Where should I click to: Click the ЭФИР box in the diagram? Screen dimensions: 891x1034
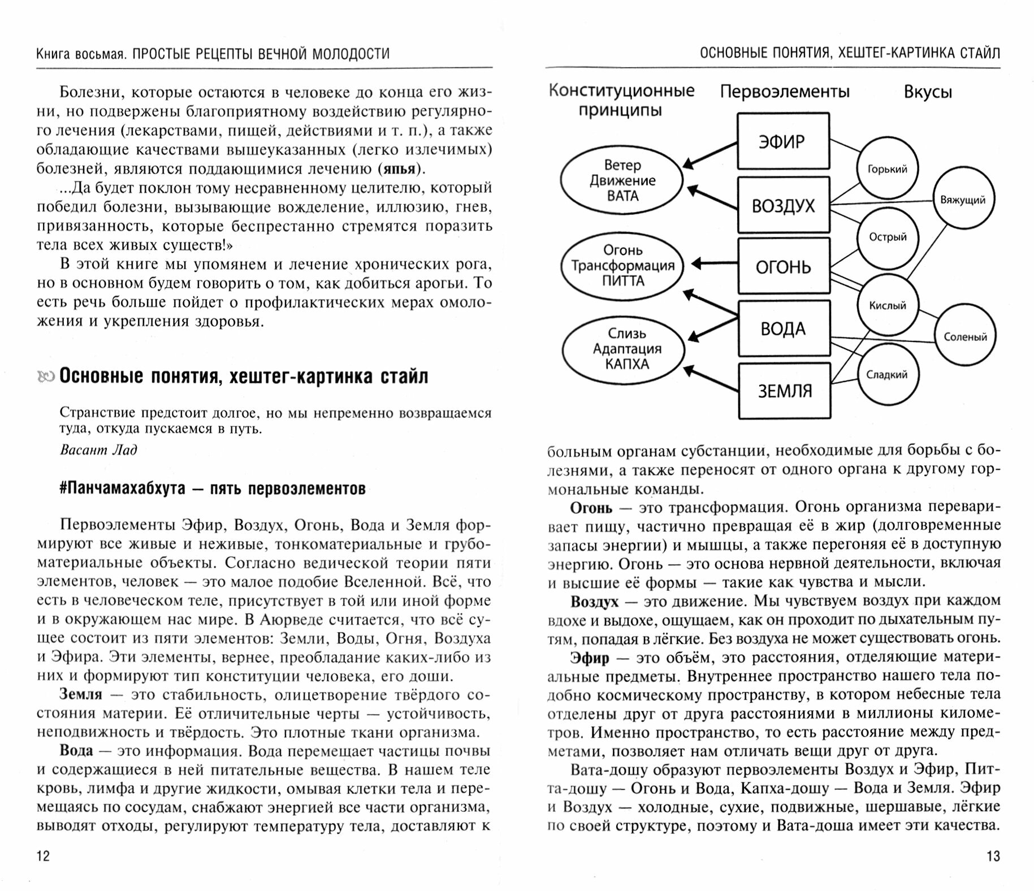(783, 141)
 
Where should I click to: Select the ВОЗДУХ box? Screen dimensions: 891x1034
(783, 205)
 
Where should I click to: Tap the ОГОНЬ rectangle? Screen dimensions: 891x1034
(783, 266)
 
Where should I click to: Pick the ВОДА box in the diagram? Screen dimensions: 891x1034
(784, 328)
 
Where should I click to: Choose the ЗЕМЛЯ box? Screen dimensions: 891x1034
(784, 391)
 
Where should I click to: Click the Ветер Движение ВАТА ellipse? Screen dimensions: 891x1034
(622, 180)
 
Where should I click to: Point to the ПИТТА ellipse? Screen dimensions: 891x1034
(622, 266)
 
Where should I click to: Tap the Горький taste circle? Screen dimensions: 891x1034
(887, 168)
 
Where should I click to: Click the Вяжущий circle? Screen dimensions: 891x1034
(963, 200)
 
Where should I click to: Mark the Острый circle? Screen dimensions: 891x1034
(888, 237)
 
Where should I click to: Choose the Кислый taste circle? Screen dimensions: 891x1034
(888, 306)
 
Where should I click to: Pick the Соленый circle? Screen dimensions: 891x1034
(965, 337)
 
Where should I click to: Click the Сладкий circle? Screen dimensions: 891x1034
(886, 374)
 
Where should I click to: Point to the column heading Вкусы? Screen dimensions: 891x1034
(928, 92)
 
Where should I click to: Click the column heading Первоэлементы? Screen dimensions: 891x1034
(784, 92)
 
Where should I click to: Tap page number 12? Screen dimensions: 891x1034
(43, 855)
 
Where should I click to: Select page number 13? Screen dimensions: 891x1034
(993, 856)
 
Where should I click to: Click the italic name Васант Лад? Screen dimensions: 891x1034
(98, 450)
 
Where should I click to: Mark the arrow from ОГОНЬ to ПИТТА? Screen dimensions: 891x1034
(715, 263)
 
